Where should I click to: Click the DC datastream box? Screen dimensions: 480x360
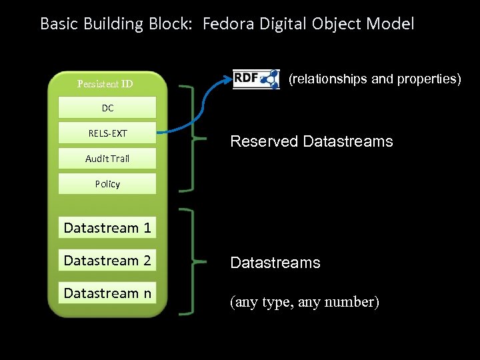(107, 107)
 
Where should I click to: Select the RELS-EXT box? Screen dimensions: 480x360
(107, 133)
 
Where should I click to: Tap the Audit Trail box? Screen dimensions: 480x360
(107, 158)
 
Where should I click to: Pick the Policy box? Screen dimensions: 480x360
(107, 184)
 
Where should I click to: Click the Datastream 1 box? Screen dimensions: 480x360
(107, 227)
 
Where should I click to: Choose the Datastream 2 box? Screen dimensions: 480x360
(107, 260)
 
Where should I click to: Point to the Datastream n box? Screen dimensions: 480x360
(107, 293)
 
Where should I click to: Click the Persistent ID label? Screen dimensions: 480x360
(105, 83)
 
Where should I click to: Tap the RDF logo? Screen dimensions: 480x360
(256, 79)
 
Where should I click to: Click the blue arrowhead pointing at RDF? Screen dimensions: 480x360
(228, 80)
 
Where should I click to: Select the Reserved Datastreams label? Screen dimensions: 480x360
(311, 141)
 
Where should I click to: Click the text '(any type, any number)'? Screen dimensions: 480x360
(305, 302)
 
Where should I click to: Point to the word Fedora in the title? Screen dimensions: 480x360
(229, 23)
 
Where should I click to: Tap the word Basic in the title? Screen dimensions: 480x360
(59, 23)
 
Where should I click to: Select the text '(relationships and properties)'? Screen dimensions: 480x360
(375, 79)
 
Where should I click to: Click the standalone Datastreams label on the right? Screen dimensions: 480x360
(275, 263)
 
